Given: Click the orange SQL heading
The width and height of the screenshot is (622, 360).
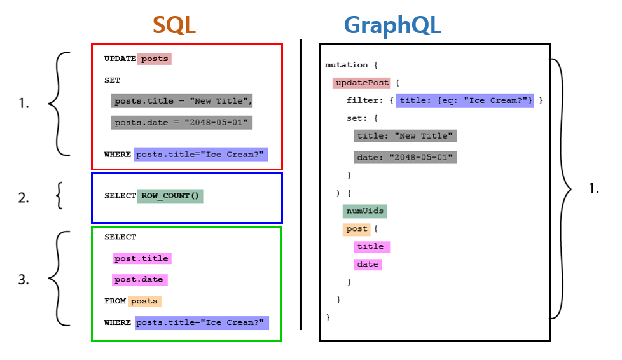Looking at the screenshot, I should click(x=174, y=25).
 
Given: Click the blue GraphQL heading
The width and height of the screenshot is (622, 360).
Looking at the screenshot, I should click(x=392, y=25).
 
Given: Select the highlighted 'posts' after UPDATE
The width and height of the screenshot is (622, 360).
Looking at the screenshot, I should click(x=155, y=59).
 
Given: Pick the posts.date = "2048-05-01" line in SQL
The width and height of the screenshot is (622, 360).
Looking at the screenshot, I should click(x=181, y=122).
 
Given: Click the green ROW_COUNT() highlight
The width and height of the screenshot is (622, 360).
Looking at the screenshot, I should click(x=170, y=196).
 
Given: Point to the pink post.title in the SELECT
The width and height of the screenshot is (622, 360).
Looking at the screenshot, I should click(x=142, y=258).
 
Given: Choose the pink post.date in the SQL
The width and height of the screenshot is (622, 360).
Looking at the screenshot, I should click(x=139, y=279).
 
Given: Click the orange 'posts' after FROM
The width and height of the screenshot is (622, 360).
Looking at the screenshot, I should click(x=144, y=301).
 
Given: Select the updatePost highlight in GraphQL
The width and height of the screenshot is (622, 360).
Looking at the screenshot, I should click(x=361, y=83).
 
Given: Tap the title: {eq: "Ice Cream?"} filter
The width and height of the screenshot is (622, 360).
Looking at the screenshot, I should click(x=464, y=100).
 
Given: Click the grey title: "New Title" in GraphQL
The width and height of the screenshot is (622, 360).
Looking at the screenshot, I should click(x=405, y=135).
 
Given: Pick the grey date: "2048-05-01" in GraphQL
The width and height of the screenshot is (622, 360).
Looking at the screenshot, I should click(x=405, y=157).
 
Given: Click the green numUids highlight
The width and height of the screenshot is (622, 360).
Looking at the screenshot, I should click(x=365, y=211).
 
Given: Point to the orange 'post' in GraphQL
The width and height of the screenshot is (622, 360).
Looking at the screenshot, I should click(x=357, y=228).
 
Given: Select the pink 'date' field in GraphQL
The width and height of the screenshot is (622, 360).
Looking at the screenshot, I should click(x=368, y=264).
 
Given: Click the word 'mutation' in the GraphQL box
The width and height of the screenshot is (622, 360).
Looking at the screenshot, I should click(x=346, y=65).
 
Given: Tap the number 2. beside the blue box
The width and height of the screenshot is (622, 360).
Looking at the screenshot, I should click(x=24, y=198).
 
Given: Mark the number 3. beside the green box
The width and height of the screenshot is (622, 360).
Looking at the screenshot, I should click(x=24, y=279).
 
